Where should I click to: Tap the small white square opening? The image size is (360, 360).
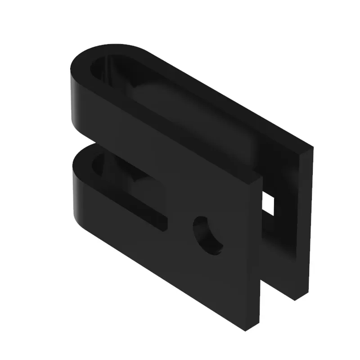pyautogui.click(x=268, y=203)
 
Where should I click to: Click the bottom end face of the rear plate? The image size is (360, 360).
pyautogui.click(x=297, y=295)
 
